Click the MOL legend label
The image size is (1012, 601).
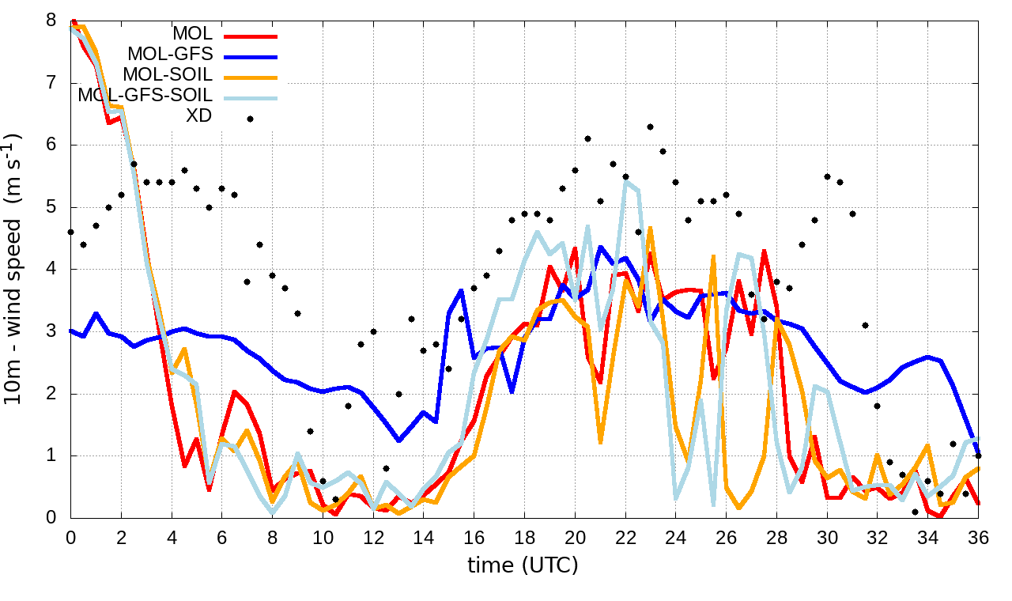click(x=192, y=34)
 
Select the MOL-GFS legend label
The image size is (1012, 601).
click(x=169, y=55)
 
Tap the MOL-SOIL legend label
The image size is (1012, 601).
click(x=167, y=75)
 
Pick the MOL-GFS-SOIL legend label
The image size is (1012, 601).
click(x=145, y=96)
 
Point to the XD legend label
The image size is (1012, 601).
click(x=199, y=115)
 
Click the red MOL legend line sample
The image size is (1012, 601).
click(x=251, y=36)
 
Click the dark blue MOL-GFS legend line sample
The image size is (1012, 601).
click(x=251, y=57)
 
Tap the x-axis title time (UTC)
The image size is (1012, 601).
click(x=523, y=565)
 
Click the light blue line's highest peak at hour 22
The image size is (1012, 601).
click(x=626, y=182)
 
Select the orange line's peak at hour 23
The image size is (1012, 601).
click(x=651, y=228)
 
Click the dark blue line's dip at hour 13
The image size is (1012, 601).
click(x=399, y=440)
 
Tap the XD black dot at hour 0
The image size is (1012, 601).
click(x=71, y=232)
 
